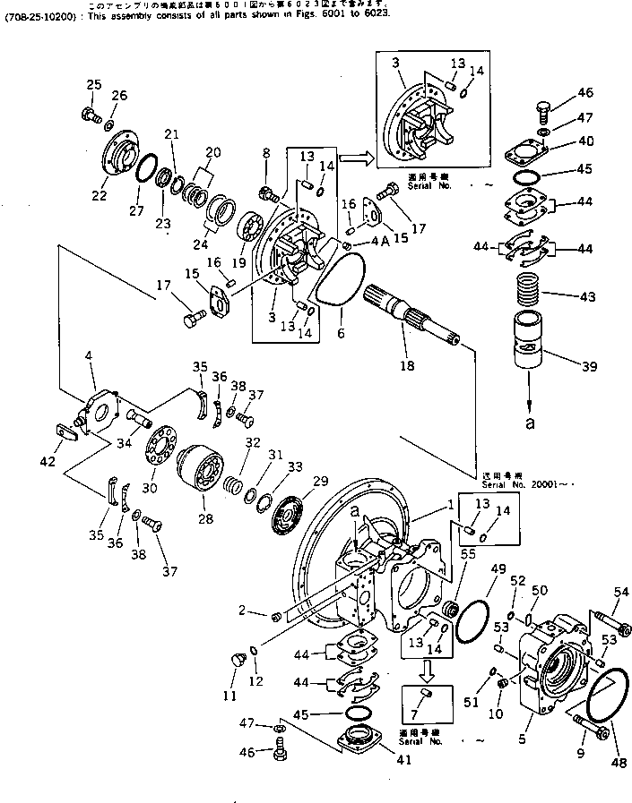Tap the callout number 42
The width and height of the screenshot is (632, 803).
pyautogui.click(x=48, y=463)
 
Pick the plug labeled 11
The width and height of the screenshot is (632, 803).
pyautogui.click(x=238, y=661)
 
